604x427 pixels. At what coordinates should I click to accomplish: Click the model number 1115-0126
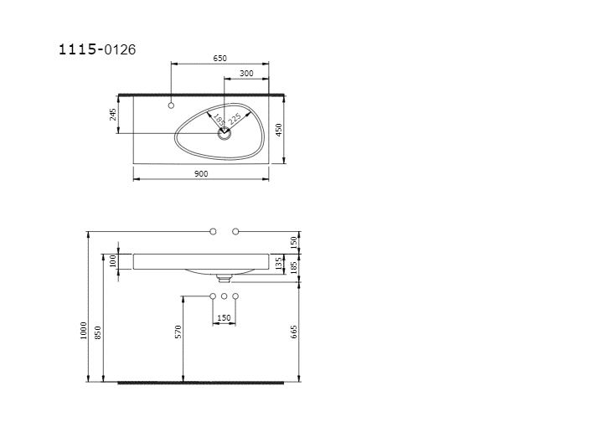[97, 49]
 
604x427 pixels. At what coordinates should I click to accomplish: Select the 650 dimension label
[220, 59]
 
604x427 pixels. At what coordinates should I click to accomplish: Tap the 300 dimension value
[246, 74]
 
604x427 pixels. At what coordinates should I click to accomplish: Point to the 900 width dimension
[201, 174]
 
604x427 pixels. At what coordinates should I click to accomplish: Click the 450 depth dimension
[279, 130]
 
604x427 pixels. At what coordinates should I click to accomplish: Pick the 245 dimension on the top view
[113, 115]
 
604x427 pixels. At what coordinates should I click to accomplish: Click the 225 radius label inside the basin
[235, 119]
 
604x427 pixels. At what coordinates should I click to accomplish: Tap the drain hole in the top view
[225, 134]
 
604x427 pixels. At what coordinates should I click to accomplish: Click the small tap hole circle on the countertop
[171, 105]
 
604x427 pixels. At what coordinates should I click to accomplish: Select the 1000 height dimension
[83, 331]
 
